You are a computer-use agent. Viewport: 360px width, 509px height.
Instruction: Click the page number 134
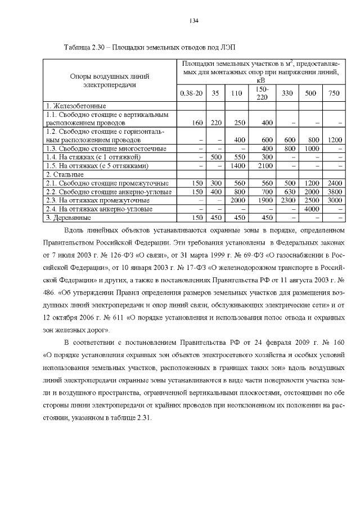(x=194, y=21)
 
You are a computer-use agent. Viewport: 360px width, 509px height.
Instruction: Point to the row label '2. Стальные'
(x=62, y=174)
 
